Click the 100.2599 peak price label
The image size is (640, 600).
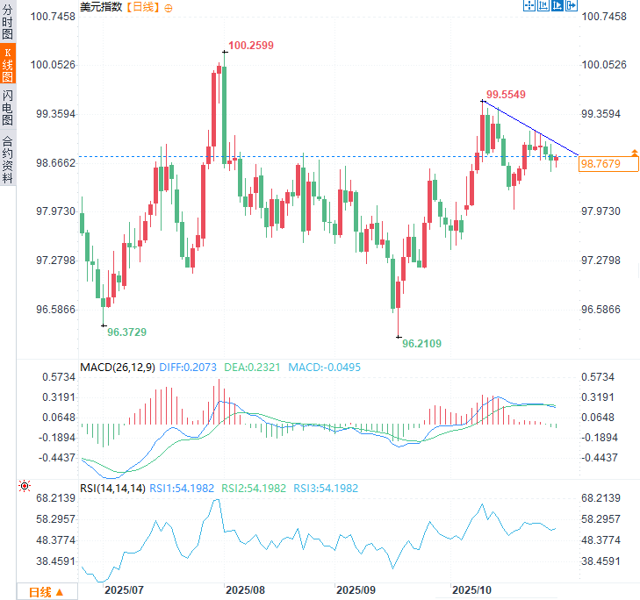pos(251,45)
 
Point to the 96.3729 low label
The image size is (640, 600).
pos(127,332)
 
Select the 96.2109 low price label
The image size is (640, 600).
pos(421,344)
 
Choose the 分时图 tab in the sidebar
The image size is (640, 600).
pos(8,24)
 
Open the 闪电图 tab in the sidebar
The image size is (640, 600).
pos(8,107)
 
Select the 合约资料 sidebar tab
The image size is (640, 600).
pos(8,158)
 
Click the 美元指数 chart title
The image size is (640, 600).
pos(102,7)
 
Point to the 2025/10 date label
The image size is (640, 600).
pos(472,590)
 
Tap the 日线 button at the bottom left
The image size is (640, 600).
pos(46,592)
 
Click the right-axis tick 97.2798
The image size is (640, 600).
pos(605,261)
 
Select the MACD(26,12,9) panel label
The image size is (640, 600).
pos(117,367)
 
